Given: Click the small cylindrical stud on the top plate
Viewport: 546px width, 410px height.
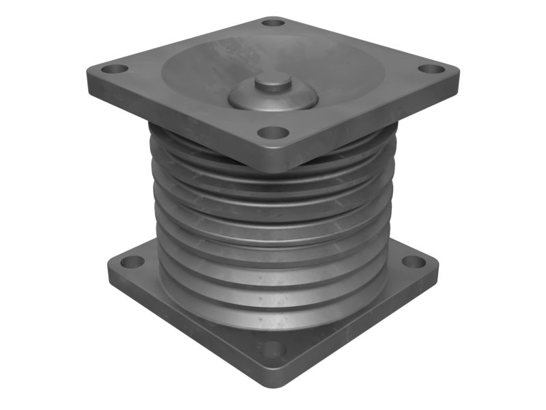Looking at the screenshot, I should [x=273, y=83].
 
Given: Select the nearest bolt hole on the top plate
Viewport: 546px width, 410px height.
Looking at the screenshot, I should [x=274, y=132].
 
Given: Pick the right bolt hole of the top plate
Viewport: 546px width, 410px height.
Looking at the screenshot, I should [x=430, y=69].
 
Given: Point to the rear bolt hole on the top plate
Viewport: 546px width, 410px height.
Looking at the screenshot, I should [x=273, y=22].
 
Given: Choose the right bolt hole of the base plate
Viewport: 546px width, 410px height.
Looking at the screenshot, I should [x=414, y=262].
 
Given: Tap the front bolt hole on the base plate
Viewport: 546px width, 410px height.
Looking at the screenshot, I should [x=274, y=349].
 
